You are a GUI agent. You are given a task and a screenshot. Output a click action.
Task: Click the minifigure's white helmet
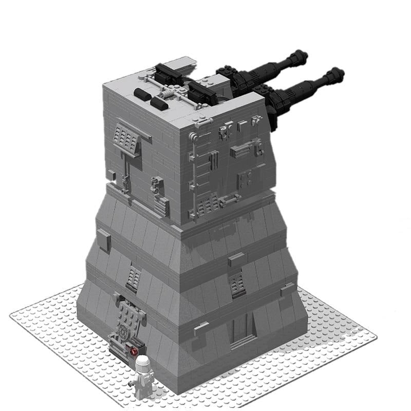143,363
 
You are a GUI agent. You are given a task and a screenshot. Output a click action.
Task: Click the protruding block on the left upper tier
104,240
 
